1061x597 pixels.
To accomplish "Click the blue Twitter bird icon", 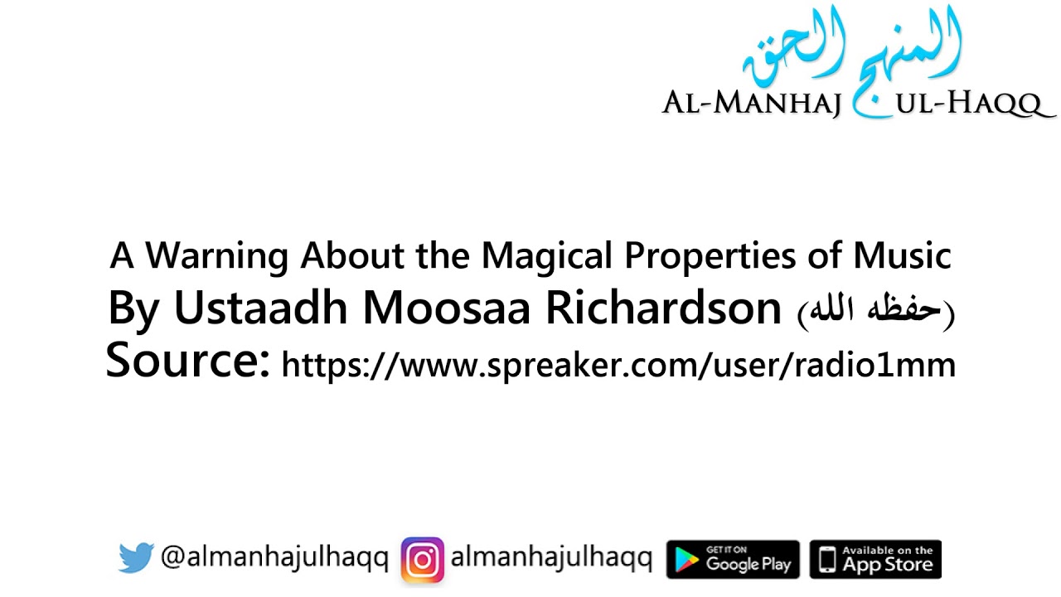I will click(x=136, y=558).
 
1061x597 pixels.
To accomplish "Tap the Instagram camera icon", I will click(x=422, y=560).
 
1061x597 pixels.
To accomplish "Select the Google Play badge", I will click(x=733, y=560).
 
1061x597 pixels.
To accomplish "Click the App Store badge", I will click(x=875, y=560).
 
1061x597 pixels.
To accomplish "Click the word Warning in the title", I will click(x=217, y=256).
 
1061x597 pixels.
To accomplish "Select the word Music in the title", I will click(x=904, y=256).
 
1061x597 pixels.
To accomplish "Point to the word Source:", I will click(x=188, y=362).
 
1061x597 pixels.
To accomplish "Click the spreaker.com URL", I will click(x=618, y=365).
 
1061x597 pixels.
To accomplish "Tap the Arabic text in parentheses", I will click(x=875, y=311).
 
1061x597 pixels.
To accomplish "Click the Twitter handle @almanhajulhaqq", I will click(x=274, y=559).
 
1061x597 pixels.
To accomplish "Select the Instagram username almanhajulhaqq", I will click(x=551, y=559).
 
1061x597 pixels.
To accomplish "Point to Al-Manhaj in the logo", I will click(x=752, y=104).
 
